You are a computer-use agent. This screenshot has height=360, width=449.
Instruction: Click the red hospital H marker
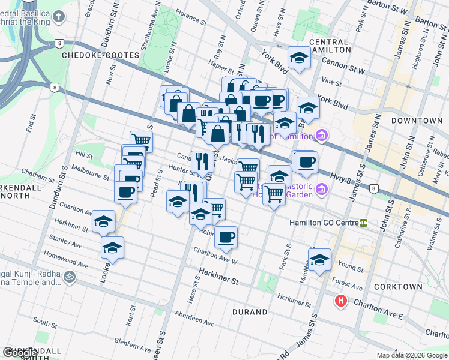point(341,301)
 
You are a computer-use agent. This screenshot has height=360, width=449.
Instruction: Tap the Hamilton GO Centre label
point(324,223)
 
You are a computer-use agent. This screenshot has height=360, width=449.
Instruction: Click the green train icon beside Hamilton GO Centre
point(363,223)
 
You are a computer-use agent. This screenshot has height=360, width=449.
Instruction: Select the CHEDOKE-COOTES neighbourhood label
point(100,55)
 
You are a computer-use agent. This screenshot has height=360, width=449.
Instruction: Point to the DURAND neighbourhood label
point(250,312)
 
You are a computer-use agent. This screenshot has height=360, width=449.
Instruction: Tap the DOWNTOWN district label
point(417,121)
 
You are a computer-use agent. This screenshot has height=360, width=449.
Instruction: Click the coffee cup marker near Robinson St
point(226,237)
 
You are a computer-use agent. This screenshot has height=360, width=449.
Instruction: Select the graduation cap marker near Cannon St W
point(298,58)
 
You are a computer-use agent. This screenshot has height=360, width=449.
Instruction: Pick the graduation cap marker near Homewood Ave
point(112,247)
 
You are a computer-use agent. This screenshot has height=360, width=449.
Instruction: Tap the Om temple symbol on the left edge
point(70,277)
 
